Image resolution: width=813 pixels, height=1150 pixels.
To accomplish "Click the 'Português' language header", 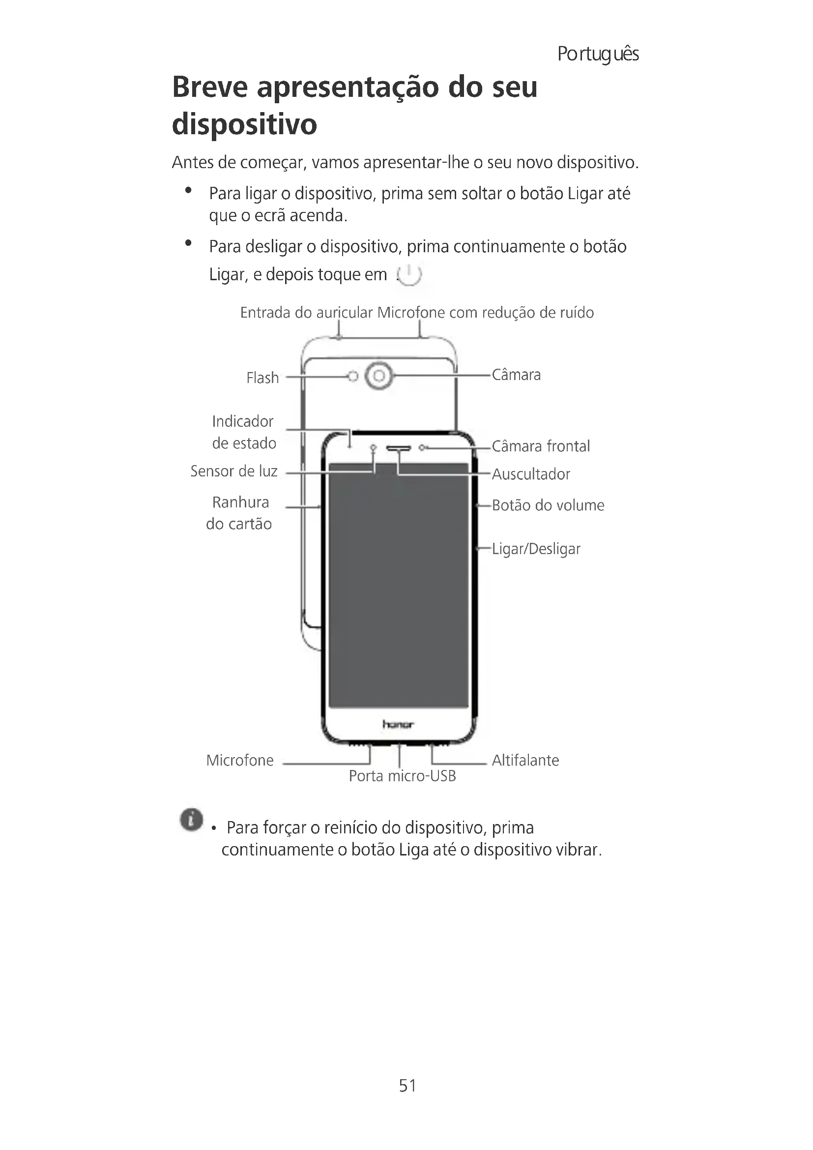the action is tap(598, 54).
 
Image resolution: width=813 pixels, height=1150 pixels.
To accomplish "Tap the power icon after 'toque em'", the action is tap(409, 274).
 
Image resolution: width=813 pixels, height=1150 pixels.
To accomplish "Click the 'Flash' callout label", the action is tap(262, 378).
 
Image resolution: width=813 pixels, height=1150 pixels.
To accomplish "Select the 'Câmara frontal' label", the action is tap(541, 446).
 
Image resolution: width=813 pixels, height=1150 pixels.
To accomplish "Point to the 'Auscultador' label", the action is tap(531, 474).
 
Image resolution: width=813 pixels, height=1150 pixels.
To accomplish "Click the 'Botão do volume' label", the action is tap(548, 505).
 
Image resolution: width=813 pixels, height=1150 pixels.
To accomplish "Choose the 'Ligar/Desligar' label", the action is tap(536, 549).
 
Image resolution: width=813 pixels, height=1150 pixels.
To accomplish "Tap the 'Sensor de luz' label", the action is tap(234, 471).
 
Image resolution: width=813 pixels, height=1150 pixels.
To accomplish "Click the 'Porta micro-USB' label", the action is tap(402, 776).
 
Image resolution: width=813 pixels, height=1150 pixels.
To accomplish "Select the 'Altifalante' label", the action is tap(525, 760).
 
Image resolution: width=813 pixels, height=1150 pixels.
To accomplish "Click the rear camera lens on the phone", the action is tap(379, 376).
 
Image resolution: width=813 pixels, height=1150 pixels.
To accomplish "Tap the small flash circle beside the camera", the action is tap(353, 376).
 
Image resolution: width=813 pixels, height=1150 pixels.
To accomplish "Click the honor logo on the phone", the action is tap(398, 724).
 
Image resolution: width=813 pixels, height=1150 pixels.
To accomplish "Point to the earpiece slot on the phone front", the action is tap(399, 448).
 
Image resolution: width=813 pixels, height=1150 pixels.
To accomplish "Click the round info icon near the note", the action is tap(191, 820).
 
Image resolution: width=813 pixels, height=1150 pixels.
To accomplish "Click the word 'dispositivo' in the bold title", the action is tap(244, 124).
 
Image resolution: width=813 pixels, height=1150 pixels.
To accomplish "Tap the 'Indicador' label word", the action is tap(242, 421).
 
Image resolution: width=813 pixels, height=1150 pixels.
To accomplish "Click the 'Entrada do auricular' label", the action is tap(306, 313).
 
